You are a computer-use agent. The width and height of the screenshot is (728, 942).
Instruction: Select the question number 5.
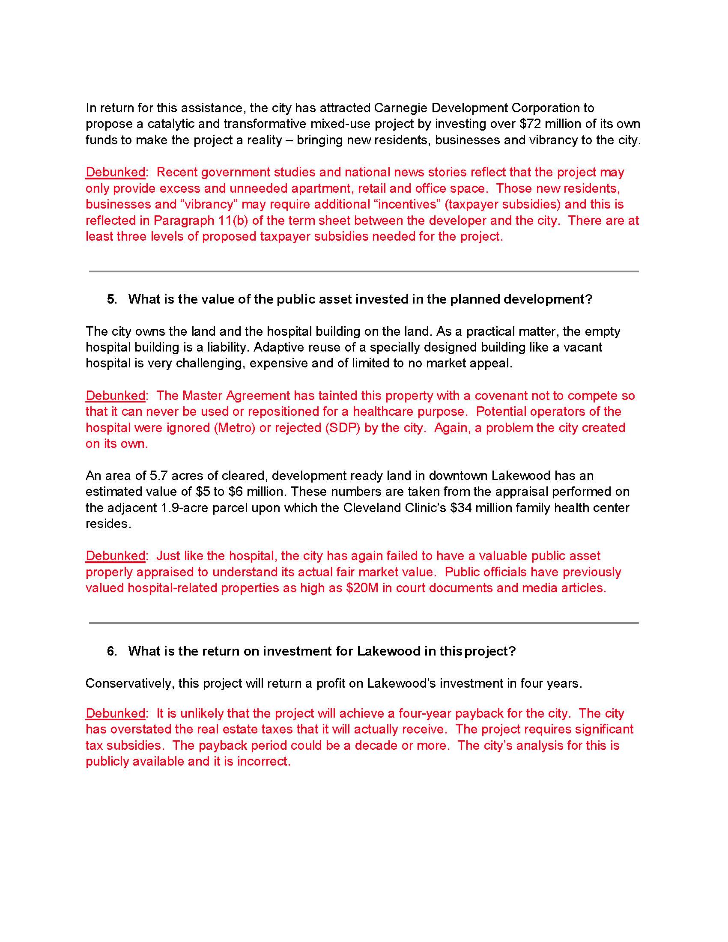(x=112, y=299)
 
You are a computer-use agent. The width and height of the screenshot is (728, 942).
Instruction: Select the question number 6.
(x=112, y=651)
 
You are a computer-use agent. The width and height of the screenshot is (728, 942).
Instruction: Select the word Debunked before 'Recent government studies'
(x=116, y=172)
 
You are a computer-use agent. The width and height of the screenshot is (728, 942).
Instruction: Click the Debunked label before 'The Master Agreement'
(x=116, y=396)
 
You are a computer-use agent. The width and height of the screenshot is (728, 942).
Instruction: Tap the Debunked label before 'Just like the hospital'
(x=116, y=556)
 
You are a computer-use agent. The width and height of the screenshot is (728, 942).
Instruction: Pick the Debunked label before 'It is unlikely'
(x=116, y=713)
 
